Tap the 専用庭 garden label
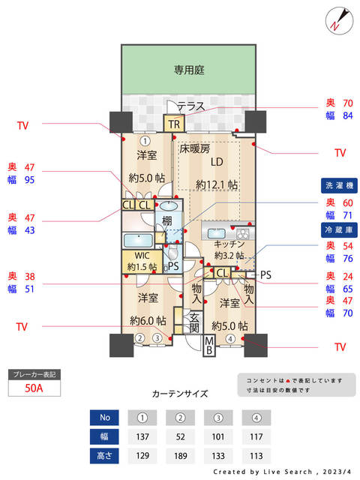[x=189, y=70]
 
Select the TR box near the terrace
[x=174, y=124]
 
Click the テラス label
[x=190, y=106]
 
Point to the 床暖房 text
[x=194, y=148]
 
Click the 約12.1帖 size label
[x=217, y=184]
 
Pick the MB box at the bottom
[x=211, y=346]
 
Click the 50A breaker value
[x=33, y=388]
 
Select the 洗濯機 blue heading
[x=340, y=185]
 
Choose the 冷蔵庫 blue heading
[x=340, y=228]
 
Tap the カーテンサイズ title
[x=179, y=394]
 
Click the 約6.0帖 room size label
[x=148, y=320]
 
